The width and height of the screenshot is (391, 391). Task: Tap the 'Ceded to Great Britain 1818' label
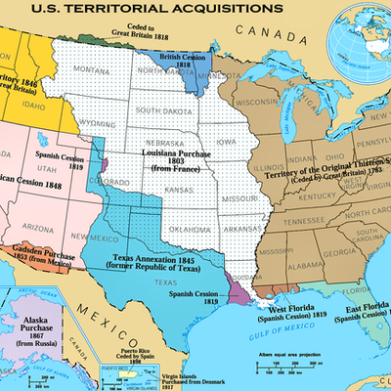tap(112, 30)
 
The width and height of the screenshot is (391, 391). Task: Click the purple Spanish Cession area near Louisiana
tap(237, 291)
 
